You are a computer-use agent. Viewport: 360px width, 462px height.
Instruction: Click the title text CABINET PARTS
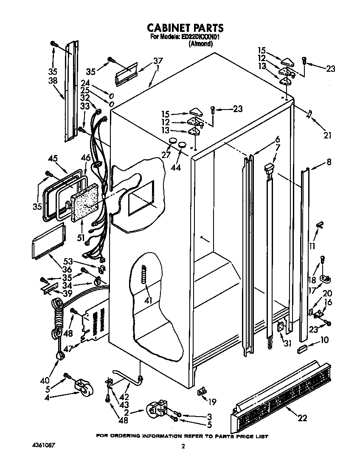[x=185, y=28]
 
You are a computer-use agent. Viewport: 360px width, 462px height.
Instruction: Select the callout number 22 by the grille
[x=302, y=418]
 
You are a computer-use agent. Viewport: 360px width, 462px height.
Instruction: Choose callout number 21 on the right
[x=326, y=135]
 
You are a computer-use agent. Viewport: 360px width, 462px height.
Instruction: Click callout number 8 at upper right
[x=329, y=162]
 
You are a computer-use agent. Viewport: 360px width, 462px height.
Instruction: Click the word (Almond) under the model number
[x=200, y=44]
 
